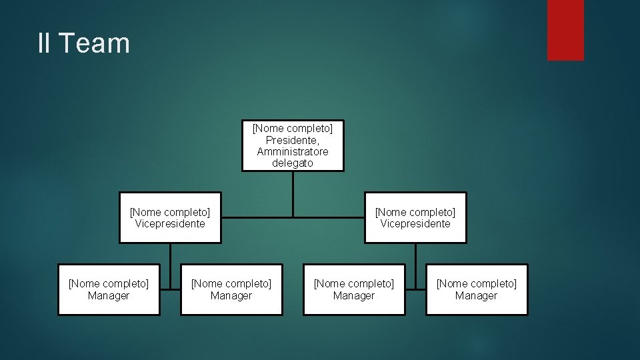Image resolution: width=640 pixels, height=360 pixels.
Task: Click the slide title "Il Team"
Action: [x=84, y=43]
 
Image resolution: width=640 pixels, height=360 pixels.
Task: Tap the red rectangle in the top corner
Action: [x=565, y=30]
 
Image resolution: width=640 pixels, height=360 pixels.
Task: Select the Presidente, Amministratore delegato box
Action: [x=293, y=145]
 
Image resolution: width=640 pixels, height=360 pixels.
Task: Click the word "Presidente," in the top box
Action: [x=293, y=140]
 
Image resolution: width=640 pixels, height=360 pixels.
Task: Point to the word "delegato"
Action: [x=293, y=163]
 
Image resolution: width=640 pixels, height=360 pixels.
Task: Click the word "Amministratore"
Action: [x=293, y=151]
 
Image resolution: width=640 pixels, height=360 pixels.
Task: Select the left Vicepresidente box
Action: [x=170, y=217]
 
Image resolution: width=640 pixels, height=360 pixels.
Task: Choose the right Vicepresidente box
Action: [x=415, y=217]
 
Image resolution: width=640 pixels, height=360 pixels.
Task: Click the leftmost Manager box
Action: [x=109, y=289]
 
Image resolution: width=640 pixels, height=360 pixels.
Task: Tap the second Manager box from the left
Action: [x=231, y=289]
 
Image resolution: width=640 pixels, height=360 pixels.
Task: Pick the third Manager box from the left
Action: [x=354, y=289]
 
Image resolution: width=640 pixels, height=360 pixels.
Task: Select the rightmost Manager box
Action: [x=477, y=289]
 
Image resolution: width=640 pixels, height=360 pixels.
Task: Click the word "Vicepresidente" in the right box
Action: [x=415, y=224]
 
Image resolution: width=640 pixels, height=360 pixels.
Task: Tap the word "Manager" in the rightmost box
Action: [x=477, y=296]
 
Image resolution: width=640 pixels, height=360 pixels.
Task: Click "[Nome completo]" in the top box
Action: [x=293, y=128]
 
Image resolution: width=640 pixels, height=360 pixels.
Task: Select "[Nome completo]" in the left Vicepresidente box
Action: [x=170, y=212]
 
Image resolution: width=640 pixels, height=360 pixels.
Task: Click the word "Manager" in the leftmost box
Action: [x=109, y=296]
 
